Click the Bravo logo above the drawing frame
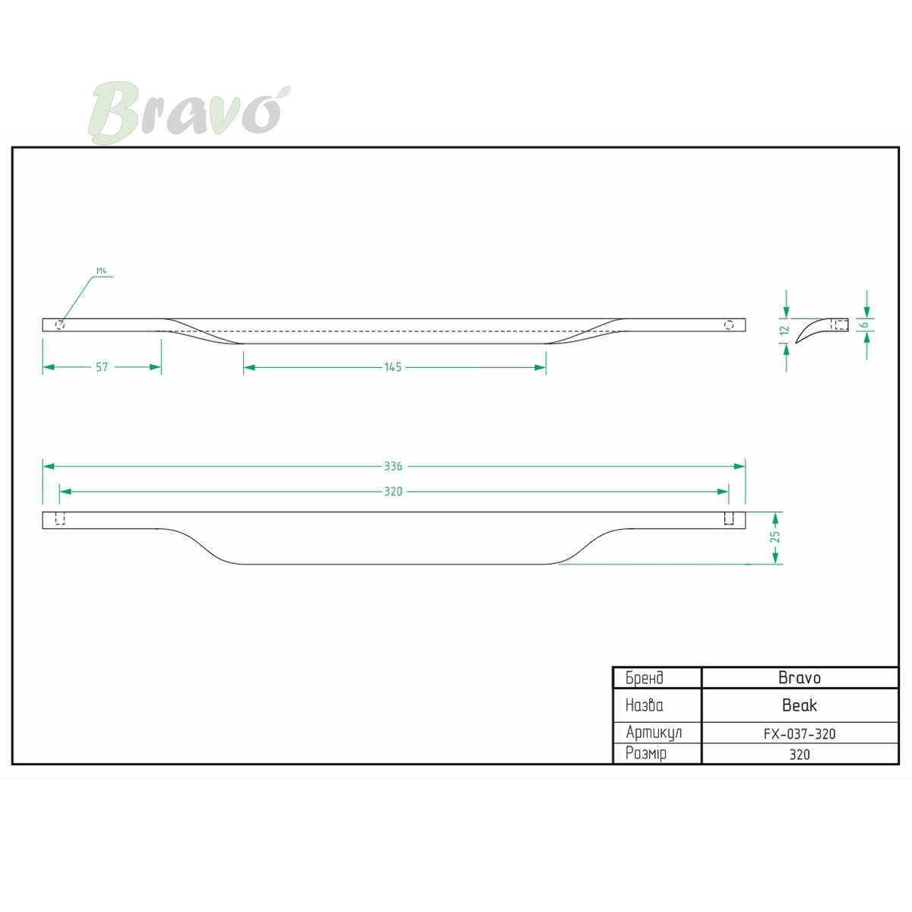189,112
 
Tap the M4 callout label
101,271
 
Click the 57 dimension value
102,367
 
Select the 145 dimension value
393,367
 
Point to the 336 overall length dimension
393,467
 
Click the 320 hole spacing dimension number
393,492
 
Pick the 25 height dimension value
775,537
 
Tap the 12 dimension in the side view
786,330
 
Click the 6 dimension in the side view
865,325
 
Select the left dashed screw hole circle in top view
60,325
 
